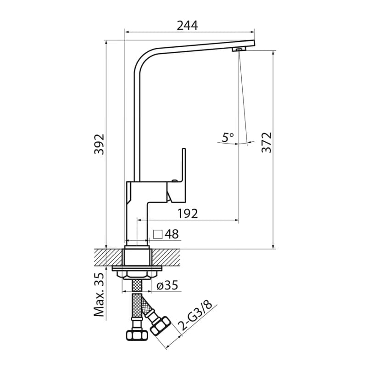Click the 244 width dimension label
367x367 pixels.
[187, 26]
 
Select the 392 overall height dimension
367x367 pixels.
[99, 144]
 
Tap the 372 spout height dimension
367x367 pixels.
[267, 143]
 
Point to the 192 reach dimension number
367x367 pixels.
[188, 213]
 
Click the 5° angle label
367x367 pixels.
[228, 137]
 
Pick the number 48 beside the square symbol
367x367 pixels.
[172, 234]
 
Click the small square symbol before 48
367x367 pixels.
[158, 234]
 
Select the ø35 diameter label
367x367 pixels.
[167, 285]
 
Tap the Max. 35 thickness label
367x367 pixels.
[99, 295]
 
